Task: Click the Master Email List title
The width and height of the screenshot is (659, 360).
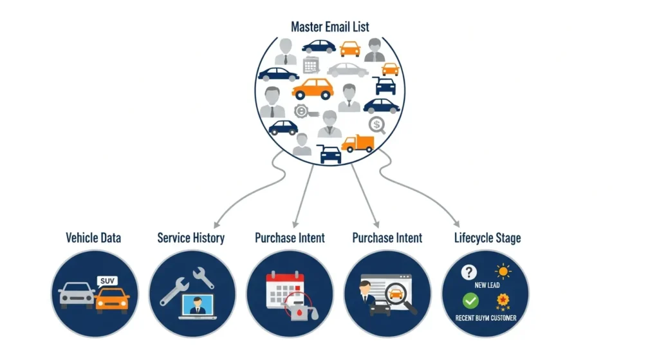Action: point(329,27)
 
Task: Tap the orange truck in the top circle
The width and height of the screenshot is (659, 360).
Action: point(358,144)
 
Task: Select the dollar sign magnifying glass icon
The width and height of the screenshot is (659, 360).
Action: point(376,125)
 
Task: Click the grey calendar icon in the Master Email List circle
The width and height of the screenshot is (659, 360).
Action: point(311,64)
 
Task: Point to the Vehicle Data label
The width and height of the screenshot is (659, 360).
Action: point(93,238)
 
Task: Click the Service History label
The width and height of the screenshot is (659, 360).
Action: point(191,238)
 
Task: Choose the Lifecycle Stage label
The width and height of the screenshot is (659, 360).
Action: point(487,238)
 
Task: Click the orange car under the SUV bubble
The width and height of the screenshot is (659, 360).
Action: point(112,299)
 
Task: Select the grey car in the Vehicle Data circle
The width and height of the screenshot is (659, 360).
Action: point(77,294)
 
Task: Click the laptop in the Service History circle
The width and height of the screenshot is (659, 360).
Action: point(198,307)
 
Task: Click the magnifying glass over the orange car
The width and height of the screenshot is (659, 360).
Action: point(399,296)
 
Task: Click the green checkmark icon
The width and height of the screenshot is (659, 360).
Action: point(470,301)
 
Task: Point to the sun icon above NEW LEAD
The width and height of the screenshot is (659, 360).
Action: point(503,271)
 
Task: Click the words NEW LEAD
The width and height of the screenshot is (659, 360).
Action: point(487,285)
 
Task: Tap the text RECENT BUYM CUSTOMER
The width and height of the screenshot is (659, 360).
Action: point(486,317)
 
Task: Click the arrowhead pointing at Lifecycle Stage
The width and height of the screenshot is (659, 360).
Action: point(456,222)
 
